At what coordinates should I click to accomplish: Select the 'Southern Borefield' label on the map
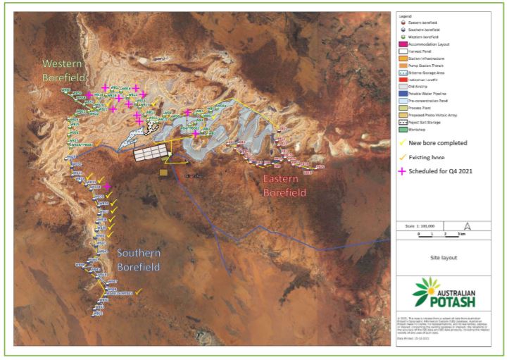point(139,260)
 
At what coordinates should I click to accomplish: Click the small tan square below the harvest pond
point(163,171)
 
